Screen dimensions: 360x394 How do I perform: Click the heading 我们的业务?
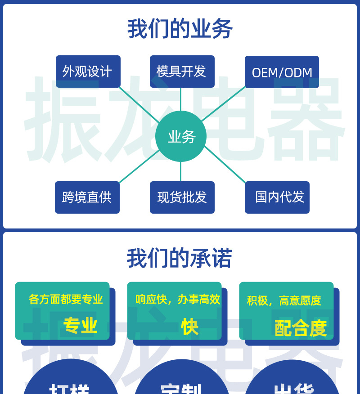click(180, 29)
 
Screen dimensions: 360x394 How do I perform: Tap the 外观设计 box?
click(88, 72)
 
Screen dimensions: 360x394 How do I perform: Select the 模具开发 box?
click(182, 71)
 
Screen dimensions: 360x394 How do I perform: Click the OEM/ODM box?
click(282, 72)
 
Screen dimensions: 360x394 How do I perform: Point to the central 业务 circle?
click(181, 136)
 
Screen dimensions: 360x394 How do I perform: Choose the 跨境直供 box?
click(87, 197)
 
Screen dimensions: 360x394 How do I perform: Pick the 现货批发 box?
click(182, 197)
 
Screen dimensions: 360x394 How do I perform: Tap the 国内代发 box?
click(277, 197)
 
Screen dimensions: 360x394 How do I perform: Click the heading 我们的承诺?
click(180, 259)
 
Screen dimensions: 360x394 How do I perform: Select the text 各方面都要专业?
click(66, 299)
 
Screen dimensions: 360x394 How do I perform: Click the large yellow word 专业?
click(80, 326)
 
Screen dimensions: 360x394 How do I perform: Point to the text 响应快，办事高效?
click(178, 299)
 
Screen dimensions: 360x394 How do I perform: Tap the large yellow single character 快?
click(189, 327)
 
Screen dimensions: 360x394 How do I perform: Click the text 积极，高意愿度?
click(284, 300)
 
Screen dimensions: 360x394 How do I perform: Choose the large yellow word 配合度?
click(300, 328)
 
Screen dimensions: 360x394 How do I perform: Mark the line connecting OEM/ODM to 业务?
click(224, 103)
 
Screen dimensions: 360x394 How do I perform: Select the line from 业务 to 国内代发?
click(225, 165)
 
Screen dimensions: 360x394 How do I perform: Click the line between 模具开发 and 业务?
click(181, 99)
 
